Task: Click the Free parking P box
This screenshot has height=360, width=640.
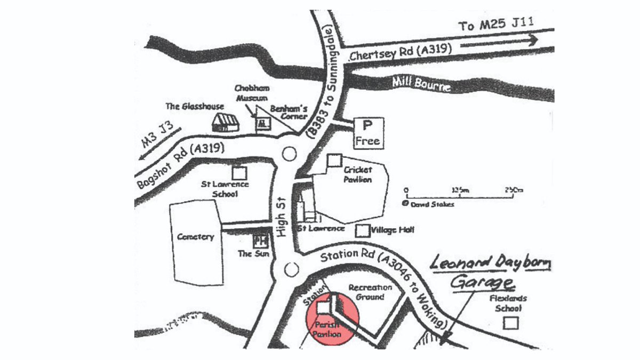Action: (367, 133)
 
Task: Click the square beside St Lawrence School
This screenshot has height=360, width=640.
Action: (239, 173)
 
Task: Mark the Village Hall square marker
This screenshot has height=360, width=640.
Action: (363, 230)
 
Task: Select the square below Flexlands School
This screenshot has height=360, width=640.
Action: (511, 323)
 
